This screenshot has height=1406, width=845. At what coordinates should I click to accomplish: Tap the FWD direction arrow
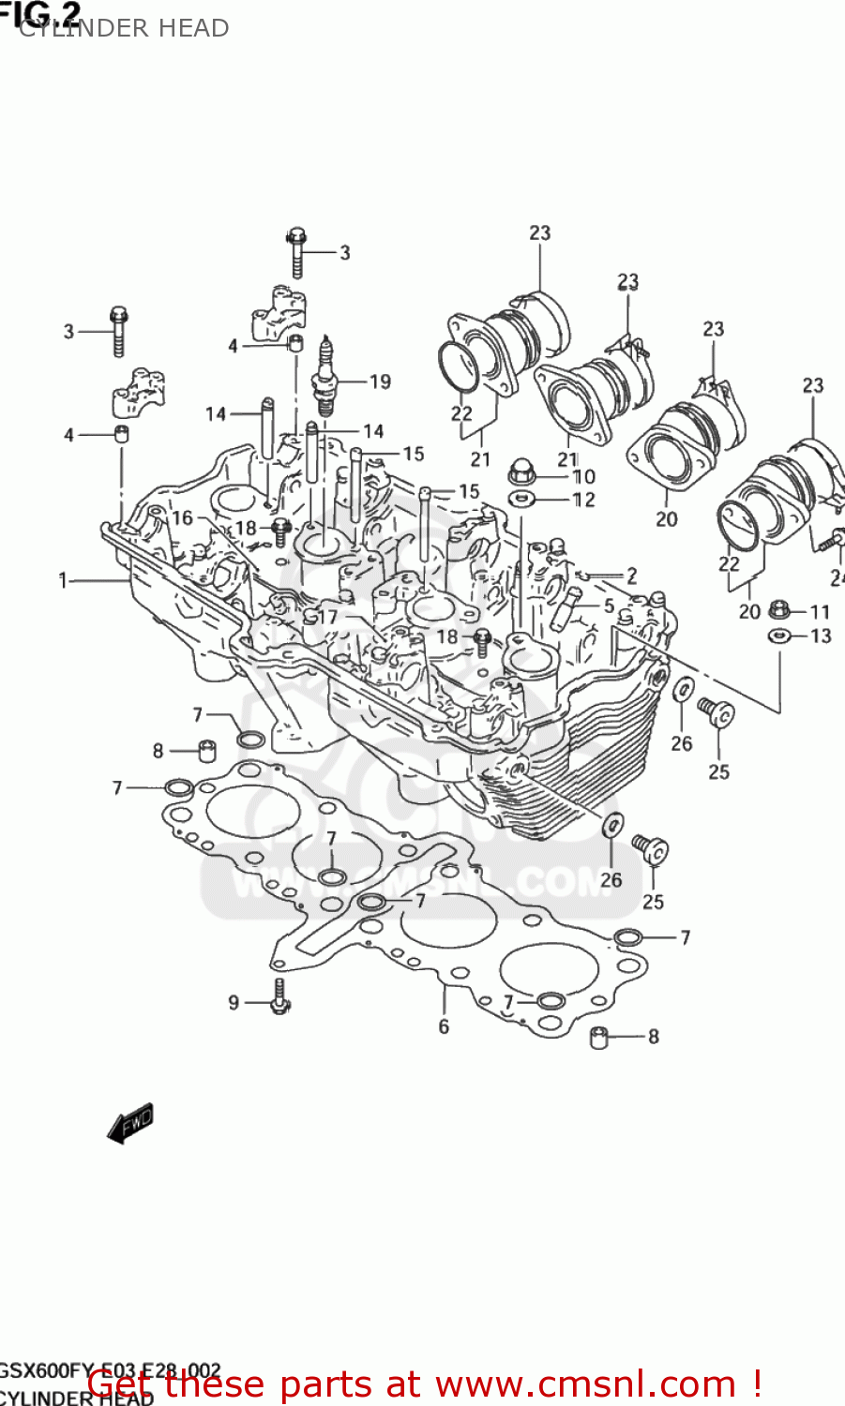point(130,1123)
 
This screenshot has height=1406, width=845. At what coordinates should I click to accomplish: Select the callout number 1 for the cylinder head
point(63,581)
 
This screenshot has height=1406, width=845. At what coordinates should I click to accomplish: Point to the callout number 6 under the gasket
point(444,1027)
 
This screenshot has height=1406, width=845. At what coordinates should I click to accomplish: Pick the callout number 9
point(234,1003)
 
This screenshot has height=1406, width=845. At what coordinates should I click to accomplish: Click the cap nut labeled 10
point(521,471)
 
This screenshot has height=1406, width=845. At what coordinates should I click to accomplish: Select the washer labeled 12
point(521,498)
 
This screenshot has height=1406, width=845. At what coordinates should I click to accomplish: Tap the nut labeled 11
point(777,610)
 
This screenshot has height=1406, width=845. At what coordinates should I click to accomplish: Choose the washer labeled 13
point(777,636)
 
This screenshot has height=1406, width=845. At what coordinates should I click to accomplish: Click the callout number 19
point(380,381)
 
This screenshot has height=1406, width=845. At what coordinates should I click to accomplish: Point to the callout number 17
point(327,617)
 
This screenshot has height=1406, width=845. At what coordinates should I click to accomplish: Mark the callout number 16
point(182,518)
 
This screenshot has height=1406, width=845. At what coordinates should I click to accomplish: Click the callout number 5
point(609,606)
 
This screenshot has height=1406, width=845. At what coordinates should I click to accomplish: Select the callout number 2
point(631,575)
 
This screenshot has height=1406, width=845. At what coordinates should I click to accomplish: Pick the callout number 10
point(583,476)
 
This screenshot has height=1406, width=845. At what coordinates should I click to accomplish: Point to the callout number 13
point(821,636)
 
